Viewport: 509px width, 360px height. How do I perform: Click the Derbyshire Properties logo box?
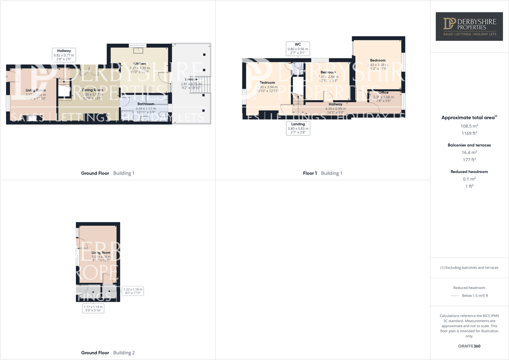pos(469,26)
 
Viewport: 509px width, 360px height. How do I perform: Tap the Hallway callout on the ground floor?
pos(64,55)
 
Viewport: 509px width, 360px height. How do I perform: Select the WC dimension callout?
pos(298,49)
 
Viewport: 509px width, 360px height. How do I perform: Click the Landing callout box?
pos(298,128)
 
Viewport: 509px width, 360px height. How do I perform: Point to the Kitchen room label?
pos(140,64)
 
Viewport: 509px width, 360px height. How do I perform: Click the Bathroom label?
pos(146,104)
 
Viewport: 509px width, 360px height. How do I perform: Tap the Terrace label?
pos(191,80)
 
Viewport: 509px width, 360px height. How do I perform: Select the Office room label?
pos(383,93)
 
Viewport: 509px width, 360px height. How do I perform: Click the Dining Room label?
pos(93,90)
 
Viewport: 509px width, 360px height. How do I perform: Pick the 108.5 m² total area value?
pos(469,126)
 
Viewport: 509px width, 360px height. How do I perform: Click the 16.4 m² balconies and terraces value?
pos(469,152)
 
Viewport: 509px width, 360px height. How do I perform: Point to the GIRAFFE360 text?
pos(469,346)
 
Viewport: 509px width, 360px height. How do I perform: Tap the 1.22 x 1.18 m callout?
pos(133,291)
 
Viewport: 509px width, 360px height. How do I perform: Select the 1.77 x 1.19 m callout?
pos(93,308)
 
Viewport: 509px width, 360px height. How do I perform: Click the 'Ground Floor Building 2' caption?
pos(108,353)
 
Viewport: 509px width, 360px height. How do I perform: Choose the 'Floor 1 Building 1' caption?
pos(322,173)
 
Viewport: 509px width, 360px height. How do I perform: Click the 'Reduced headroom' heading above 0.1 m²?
pos(469,172)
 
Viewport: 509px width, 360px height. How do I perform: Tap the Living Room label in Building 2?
pos(101,253)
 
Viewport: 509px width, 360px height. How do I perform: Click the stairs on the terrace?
pos(200,85)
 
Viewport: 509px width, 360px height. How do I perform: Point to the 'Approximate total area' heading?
pos(469,118)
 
